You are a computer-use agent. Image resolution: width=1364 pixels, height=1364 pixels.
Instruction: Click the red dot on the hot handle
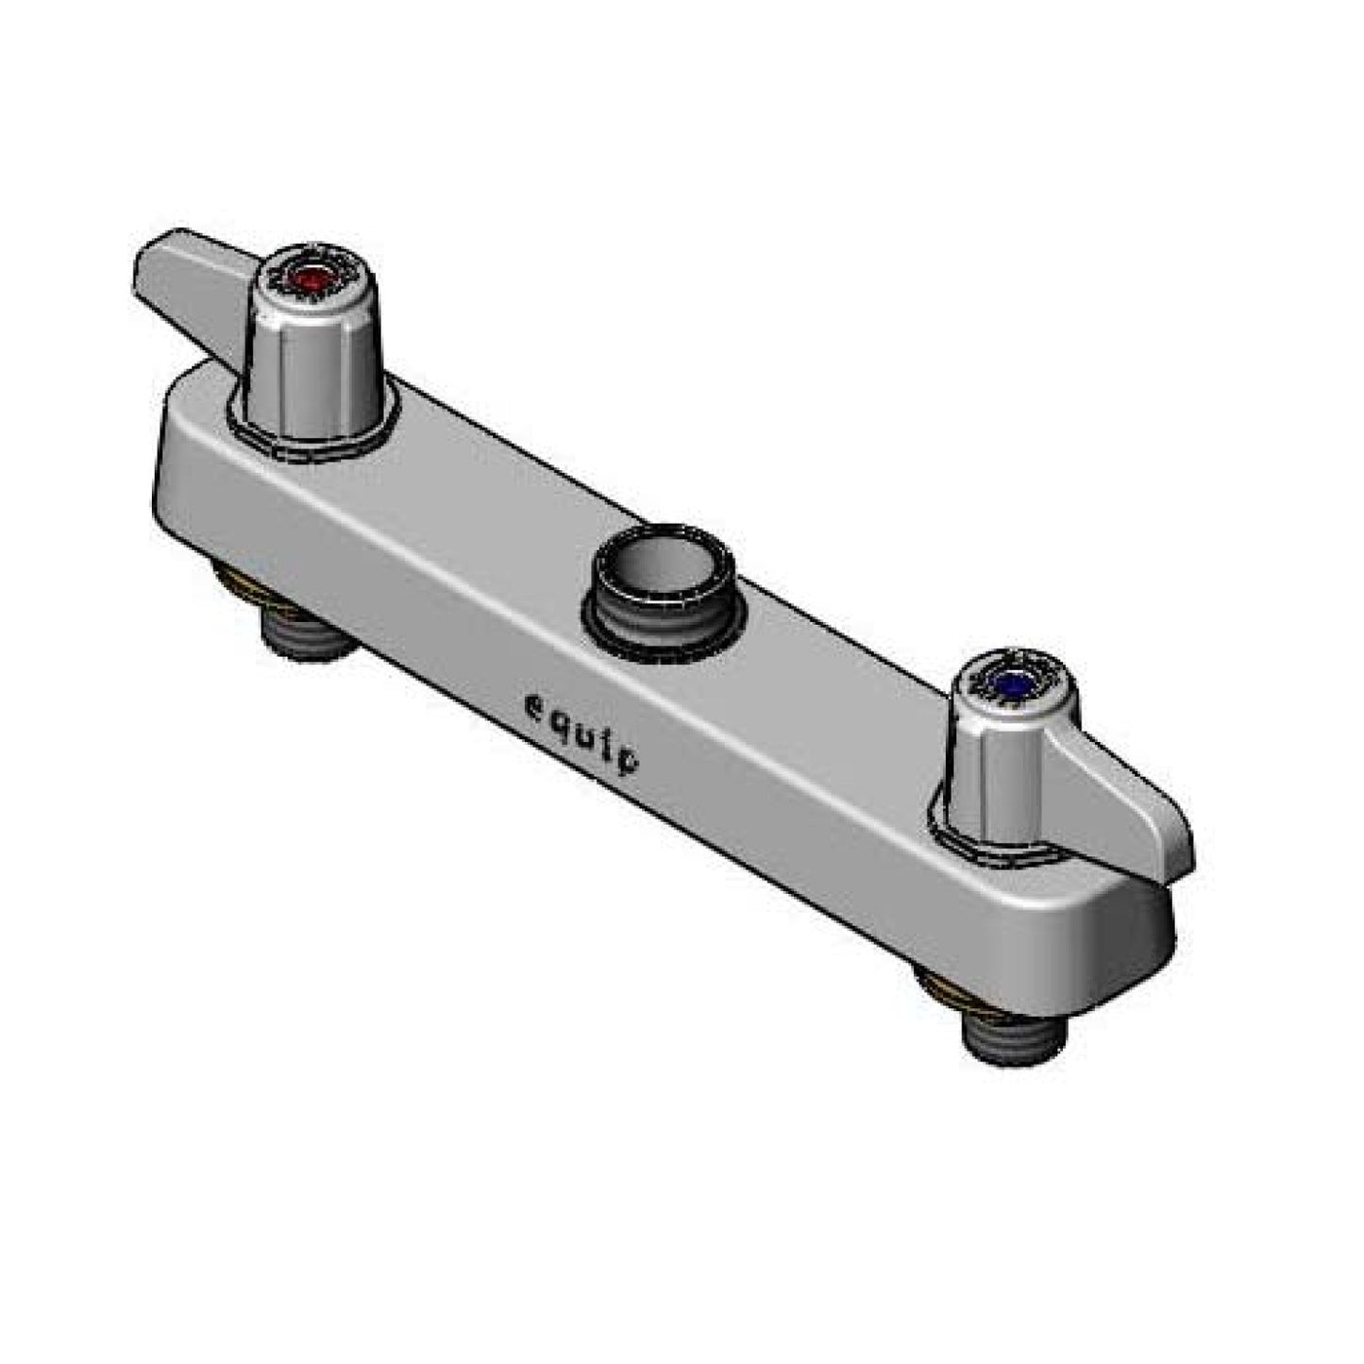[312, 278]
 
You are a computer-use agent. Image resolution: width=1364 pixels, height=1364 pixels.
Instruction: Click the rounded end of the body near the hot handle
[175, 444]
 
